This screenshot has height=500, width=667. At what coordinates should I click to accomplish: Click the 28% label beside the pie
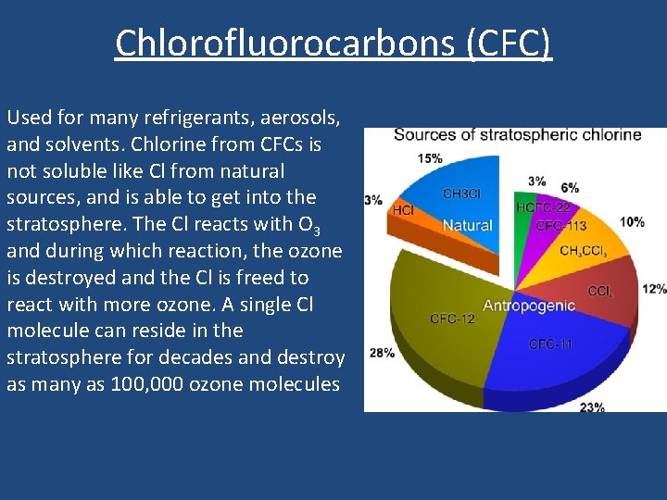click(x=382, y=353)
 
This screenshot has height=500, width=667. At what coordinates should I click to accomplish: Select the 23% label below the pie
click(x=592, y=406)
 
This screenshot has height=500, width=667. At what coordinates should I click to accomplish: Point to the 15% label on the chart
click(x=430, y=158)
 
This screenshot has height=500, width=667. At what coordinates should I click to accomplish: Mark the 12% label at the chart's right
click(x=653, y=289)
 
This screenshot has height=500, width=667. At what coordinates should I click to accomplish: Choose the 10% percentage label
click(x=633, y=222)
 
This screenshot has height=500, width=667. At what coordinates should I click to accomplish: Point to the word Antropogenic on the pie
click(x=529, y=306)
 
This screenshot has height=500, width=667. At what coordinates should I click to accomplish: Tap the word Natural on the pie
click(x=467, y=225)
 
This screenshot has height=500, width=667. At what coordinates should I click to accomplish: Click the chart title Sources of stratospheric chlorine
click(x=517, y=135)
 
